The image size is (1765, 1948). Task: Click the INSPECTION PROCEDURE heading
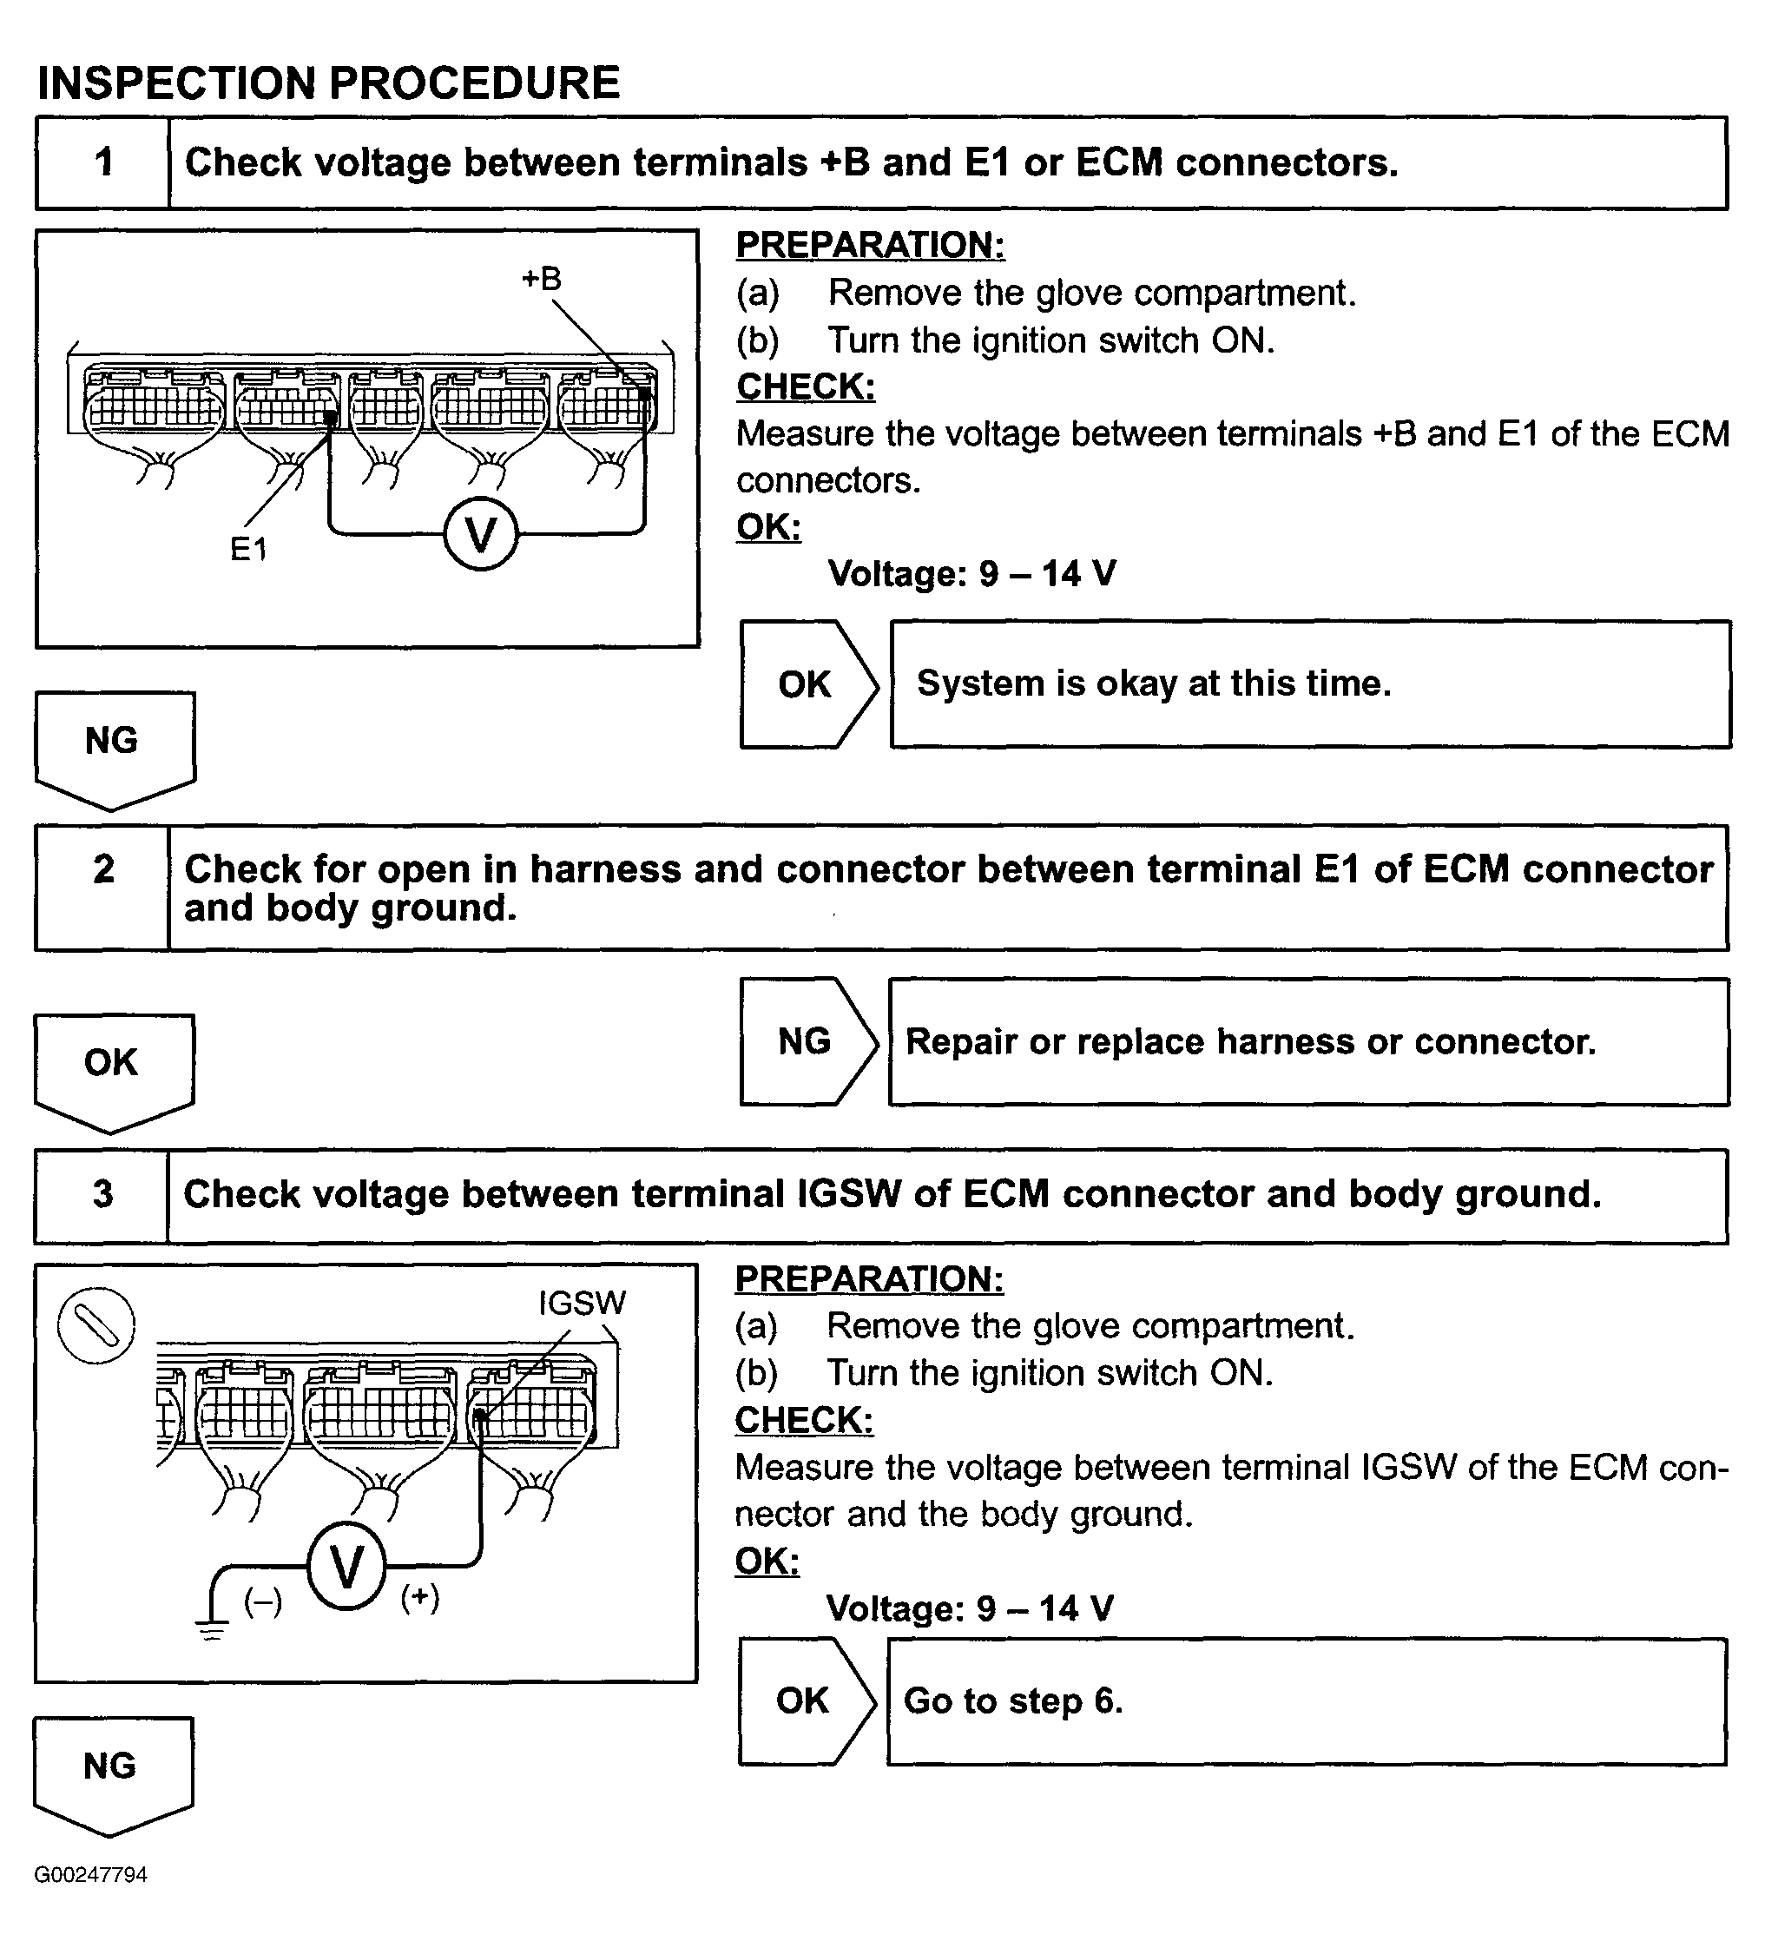click(327, 83)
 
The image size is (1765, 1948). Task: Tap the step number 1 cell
click(103, 162)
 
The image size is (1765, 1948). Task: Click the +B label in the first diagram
click(541, 280)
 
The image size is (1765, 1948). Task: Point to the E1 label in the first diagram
click(248, 549)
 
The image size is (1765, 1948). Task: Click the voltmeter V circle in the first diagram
click(481, 534)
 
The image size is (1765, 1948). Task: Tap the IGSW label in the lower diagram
click(582, 1303)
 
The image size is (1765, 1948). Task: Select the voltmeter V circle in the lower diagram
click(346, 1567)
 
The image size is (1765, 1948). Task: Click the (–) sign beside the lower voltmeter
click(263, 1602)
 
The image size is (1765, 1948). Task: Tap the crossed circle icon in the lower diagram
click(95, 1324)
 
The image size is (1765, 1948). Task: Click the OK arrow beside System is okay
click(807, 684)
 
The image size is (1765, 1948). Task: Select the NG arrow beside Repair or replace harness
click(807, 1041)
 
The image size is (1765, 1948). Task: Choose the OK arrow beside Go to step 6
click(806, 1700)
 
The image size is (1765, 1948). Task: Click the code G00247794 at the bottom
click(91, 1874)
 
